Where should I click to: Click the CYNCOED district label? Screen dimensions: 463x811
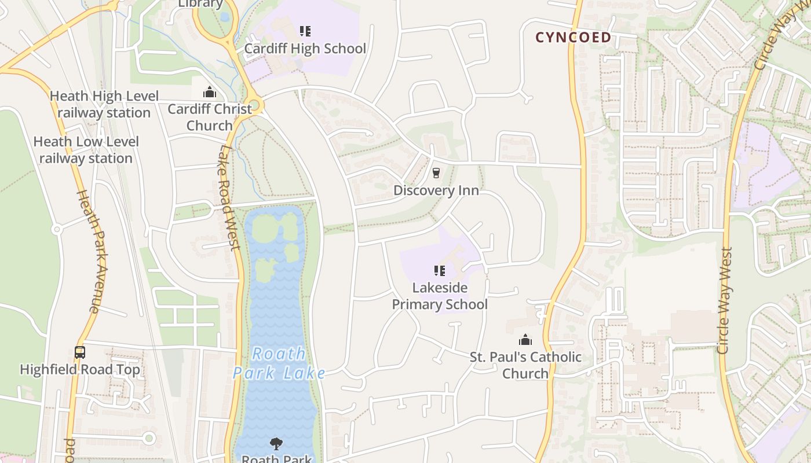coord(573,38)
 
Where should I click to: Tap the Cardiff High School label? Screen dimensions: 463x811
coord(305,49)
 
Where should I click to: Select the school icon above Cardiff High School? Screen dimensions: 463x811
coord(305,31)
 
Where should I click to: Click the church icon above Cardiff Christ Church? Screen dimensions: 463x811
coord(209,93)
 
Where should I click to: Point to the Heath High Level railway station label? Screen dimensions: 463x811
coord(104,104)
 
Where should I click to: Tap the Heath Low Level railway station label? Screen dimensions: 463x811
coord(86,150)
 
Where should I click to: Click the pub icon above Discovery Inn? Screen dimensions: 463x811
coord(436,172)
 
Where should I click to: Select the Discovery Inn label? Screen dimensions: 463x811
coord(436,190)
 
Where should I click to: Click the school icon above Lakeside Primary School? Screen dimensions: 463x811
coord(440,270)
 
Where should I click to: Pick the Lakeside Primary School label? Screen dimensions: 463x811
coord(440,296)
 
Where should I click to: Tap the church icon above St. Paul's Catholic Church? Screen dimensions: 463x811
coord(525,340)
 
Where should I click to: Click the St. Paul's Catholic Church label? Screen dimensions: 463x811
coord(525,365)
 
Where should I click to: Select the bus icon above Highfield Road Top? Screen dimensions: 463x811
coord(80,352)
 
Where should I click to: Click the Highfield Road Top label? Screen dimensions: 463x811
coord(80,370)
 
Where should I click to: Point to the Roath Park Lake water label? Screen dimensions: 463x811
coord(279,363)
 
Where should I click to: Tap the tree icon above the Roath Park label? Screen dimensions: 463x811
coord(276,444)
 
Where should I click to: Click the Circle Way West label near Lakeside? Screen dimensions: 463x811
coord(724,301)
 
